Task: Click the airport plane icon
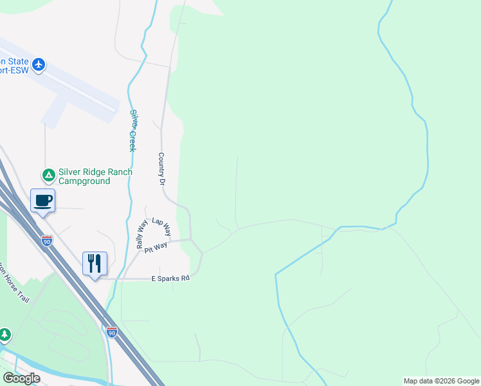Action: click(39, 64)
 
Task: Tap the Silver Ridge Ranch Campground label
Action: click(95, 176)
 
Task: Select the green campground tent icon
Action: click(48, 175)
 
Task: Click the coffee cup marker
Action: click(43, 201)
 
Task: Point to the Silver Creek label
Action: click(133, 130)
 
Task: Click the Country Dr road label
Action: click(161, 169)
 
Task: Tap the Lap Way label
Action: click(161, 227)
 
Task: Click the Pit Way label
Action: click(156, 247)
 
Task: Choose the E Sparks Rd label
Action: click(170, 279)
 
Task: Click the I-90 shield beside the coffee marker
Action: click(46, 240)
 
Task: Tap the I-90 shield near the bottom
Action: click(112, 332)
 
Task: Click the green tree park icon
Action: click(5, 335)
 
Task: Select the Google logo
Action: click(21, 378)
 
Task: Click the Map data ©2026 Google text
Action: click(440, 381)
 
